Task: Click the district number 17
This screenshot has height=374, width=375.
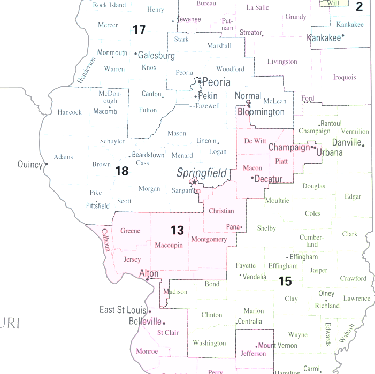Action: (x=139, y=29)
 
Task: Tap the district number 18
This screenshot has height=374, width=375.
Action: (x=122, y=171)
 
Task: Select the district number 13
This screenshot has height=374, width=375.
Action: (x=177, y=230)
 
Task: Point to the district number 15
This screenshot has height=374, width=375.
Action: (x=285, y=280)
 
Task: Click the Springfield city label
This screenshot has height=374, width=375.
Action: (x=202, y=173)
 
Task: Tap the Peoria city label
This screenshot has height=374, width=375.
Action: (x=216, y=82)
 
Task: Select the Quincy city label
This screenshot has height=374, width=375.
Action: (x=29, y=164)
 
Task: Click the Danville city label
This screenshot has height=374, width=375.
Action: (x=347, y=142)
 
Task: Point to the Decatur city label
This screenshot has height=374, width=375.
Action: (x=268, y=179)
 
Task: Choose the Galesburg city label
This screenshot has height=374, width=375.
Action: (x=156, y=55)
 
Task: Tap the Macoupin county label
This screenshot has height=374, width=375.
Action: (x=169, y=245)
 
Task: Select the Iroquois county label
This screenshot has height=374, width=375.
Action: (x=344, y=77)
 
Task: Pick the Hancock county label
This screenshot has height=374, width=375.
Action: (x=70, y=112)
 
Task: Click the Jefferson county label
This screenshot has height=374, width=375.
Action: (x=253, y=354)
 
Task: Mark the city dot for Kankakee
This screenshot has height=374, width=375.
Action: (x=342, y=36)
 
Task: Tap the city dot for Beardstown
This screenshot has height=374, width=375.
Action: (x=129, y=156)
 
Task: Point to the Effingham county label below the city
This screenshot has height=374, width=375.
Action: (x=283, y=266)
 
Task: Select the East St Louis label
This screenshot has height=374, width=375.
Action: (x=123, y=310)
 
